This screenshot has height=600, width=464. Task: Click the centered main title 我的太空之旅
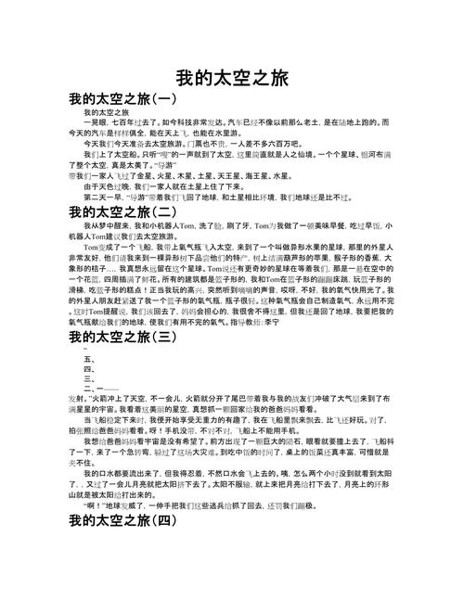point(232,77)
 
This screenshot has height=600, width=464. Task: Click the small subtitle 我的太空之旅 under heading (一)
point(107,112)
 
